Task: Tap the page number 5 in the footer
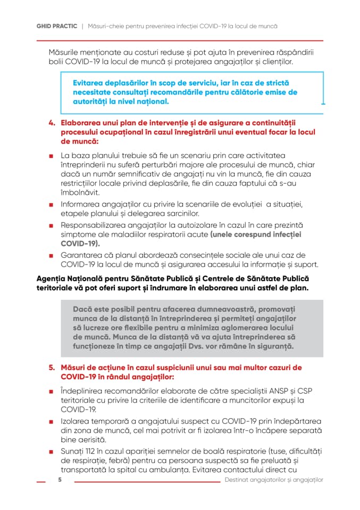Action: tap(60, 480)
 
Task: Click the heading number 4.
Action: tap(52, 123)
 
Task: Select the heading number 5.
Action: tap(52, 368)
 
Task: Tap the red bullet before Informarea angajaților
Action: tap(52, 205)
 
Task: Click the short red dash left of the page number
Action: tap(41, 481)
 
